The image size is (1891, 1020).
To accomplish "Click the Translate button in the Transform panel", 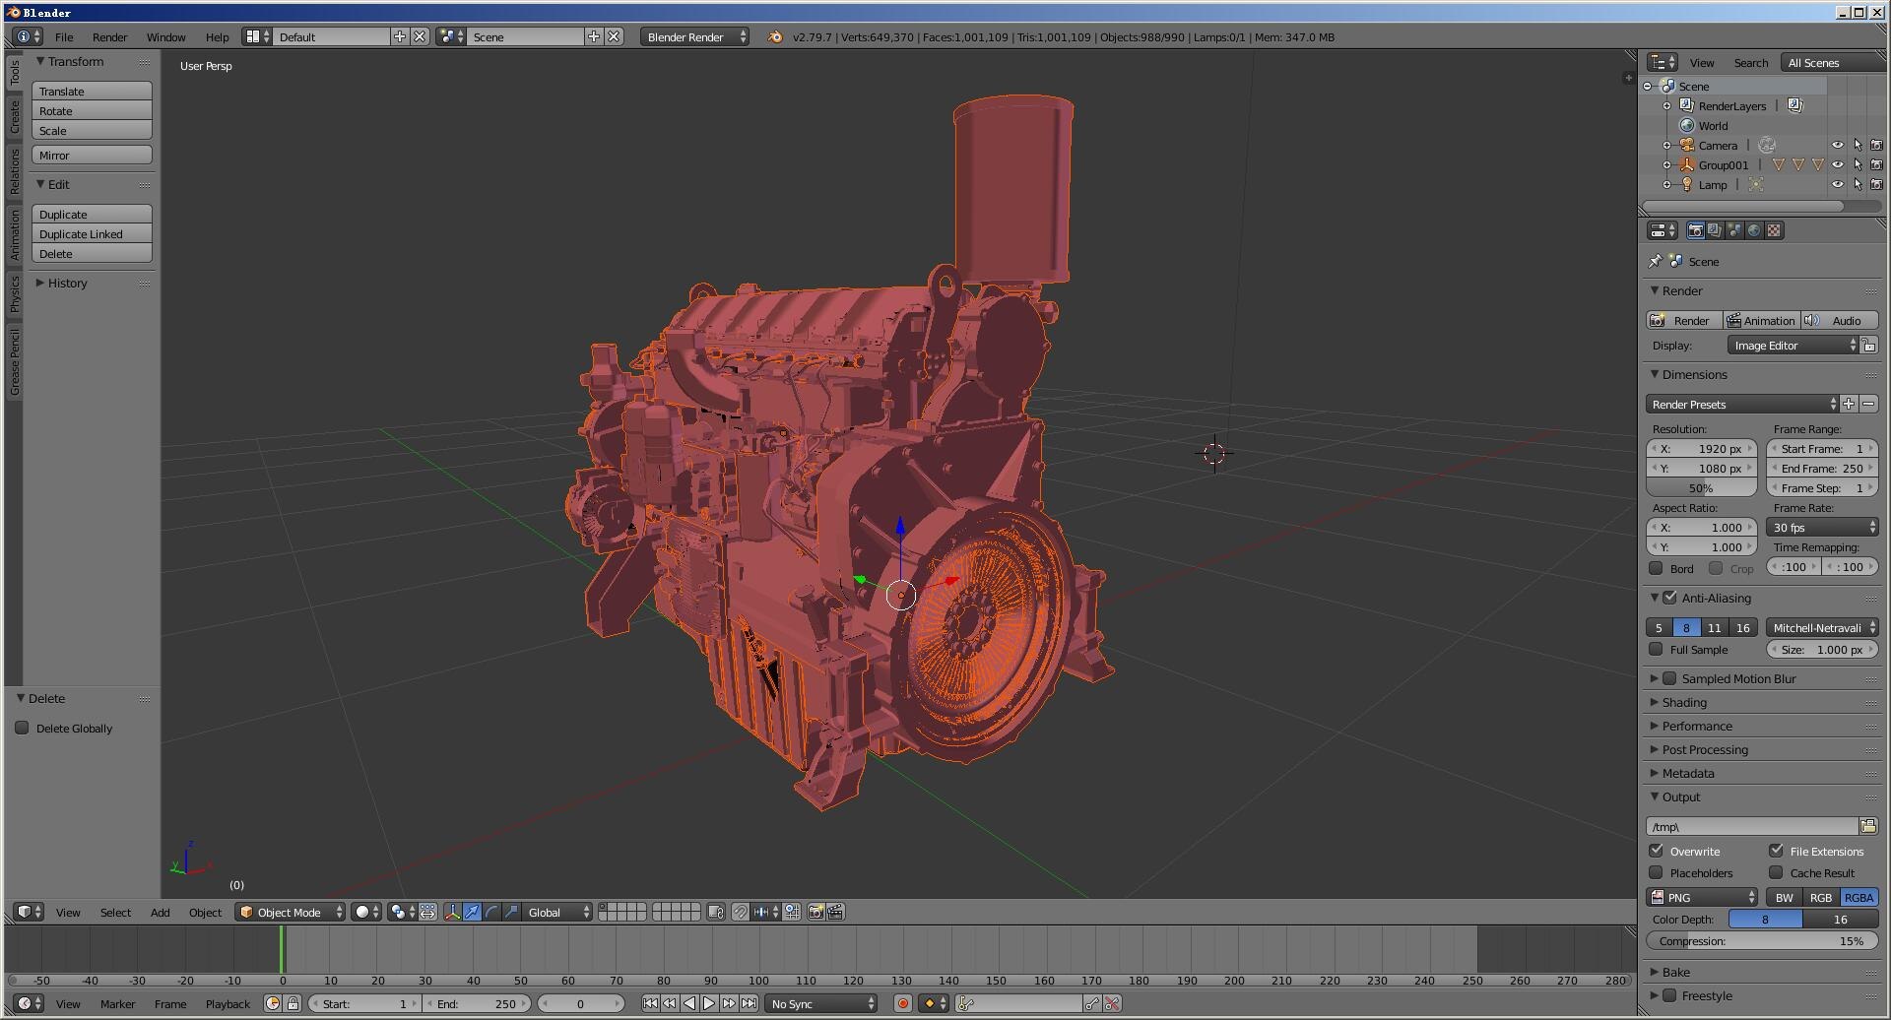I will click(92, 92).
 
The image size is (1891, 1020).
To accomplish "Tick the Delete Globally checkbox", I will click(22, 729).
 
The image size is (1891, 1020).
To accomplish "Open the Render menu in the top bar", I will click(109, 37).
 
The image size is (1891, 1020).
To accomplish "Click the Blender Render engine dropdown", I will click(695, 37).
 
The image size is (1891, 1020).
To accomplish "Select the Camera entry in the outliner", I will click(1718, 146).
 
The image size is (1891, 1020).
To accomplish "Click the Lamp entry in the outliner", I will click(1712, 185).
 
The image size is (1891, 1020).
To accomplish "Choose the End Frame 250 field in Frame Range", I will click(1822, 469).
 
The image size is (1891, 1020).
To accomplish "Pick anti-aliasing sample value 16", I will click(1742, 628).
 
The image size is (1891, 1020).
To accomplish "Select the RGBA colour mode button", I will click(1858, 898).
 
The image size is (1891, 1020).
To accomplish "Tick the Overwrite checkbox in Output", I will click(1657, 851).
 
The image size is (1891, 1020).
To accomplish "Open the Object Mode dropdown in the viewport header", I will click(291, 913).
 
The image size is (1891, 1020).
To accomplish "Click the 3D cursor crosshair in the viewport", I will click(1214, 454).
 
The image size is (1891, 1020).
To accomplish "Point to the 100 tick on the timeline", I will click(758, 981).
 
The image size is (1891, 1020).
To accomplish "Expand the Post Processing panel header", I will click(1705, 750).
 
